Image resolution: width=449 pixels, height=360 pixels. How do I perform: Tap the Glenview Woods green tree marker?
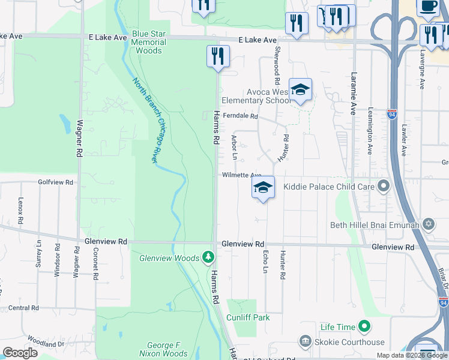point(208,257)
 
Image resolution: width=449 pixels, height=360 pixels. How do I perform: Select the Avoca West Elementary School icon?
point(300,91)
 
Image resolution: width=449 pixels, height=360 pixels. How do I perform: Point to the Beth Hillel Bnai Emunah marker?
point(428,225)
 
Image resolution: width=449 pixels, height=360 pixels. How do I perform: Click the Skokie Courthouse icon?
point(305,342)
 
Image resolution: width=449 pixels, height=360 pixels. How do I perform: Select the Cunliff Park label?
point(248,317)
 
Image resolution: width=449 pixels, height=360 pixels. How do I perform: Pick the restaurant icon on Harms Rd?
point(216,56)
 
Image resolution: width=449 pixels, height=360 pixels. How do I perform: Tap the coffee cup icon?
point(427,6)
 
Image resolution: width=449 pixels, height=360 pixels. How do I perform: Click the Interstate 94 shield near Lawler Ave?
point(391,113)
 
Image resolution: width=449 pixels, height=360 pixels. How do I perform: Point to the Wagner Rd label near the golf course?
point(79,139)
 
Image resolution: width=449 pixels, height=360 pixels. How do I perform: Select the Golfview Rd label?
point(55,182)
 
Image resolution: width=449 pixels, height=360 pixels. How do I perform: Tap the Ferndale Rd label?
point(240,116)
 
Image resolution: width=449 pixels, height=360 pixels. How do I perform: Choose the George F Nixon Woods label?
point(167,350)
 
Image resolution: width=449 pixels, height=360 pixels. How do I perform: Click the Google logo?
point(20,353)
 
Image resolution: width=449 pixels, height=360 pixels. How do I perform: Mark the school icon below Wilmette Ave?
point(263,188)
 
